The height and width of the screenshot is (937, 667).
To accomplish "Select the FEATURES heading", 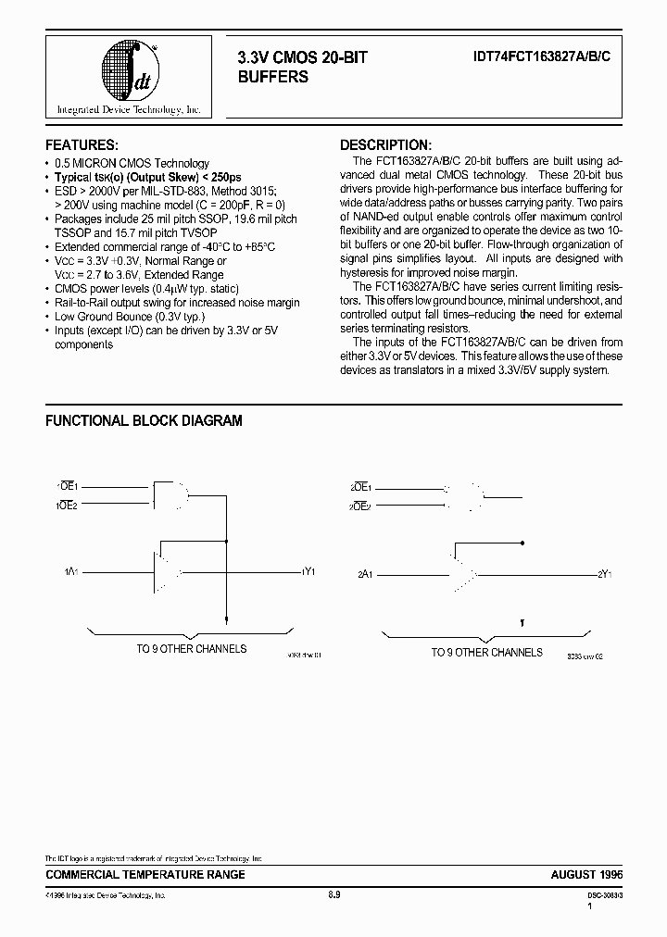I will (82, 145).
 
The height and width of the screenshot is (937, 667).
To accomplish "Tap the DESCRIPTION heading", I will (385, 145).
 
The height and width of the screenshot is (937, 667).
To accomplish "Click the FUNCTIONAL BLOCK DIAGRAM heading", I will (145, 420).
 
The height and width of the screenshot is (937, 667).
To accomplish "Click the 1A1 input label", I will (71, 572).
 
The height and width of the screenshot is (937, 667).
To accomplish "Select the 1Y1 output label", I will (309, 572).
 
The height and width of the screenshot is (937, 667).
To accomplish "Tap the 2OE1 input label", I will (360, 487).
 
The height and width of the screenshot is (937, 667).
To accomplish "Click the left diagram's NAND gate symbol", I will (170, 496).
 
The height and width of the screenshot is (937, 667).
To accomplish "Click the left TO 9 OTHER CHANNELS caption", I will (192, 649).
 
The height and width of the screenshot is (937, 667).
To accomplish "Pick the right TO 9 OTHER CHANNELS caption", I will (486, 653).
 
